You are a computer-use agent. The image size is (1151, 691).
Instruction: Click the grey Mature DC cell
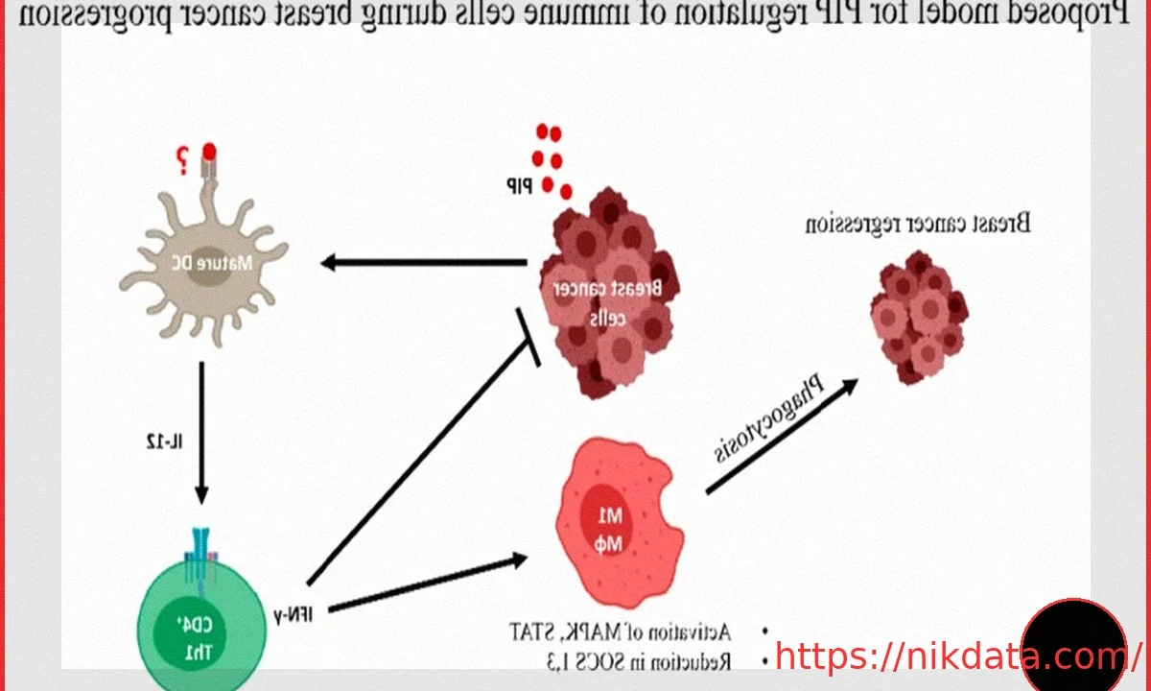[205, 264]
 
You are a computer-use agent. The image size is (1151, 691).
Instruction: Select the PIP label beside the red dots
[519, 182]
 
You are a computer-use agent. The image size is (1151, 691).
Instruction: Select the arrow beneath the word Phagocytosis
[782, 437]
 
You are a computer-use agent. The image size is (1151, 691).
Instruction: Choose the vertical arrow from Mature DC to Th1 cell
[201, 432]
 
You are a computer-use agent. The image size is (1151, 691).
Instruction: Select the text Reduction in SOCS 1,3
[622, 660]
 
